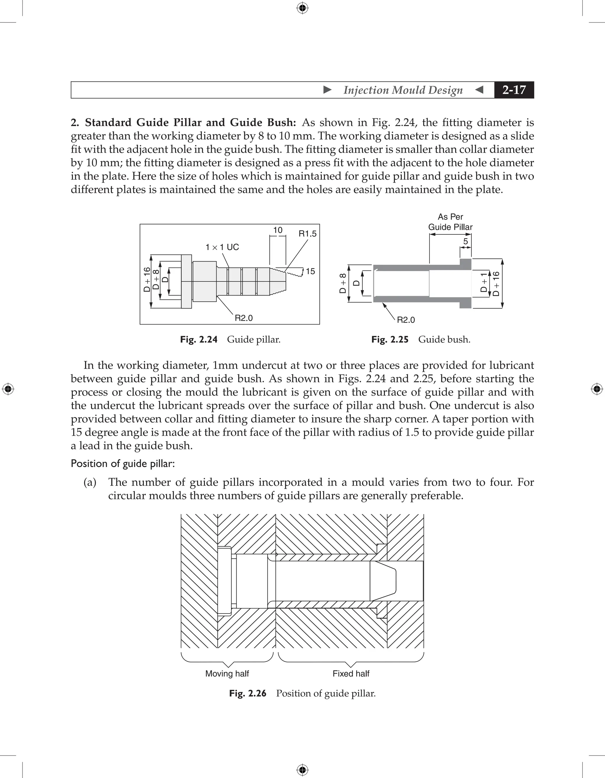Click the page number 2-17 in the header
click(514, 90)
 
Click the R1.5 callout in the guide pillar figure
click(307, 234)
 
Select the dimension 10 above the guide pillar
click(278, 230)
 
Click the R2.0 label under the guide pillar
click(243, 318)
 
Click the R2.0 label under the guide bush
click(406, 320)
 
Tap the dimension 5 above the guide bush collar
click(465, 241)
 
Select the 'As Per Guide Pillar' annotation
click(450, 222)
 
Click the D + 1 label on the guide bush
click(483, 283)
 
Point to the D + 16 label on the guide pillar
click(147, 280)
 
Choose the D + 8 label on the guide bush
click(343, 283)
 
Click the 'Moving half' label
click(227, 674)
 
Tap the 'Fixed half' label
click(351, 674)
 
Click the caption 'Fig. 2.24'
click(199, 339)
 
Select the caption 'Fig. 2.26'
click(248, 693)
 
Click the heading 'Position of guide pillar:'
click(123, 463)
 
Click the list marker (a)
click(90, 482)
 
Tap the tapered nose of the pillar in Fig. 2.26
click(383, 581)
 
